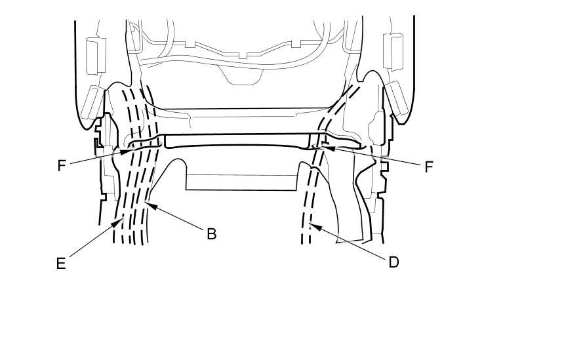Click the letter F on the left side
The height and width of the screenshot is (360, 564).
coord(62,165)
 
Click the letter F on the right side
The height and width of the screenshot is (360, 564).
coord(429,167)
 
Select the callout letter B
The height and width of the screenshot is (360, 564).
coord(211,233)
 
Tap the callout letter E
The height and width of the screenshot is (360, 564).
coord(61,264)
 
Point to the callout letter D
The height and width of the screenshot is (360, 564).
coord(393,262)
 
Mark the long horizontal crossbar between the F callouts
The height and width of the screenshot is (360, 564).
coord(236,141)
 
